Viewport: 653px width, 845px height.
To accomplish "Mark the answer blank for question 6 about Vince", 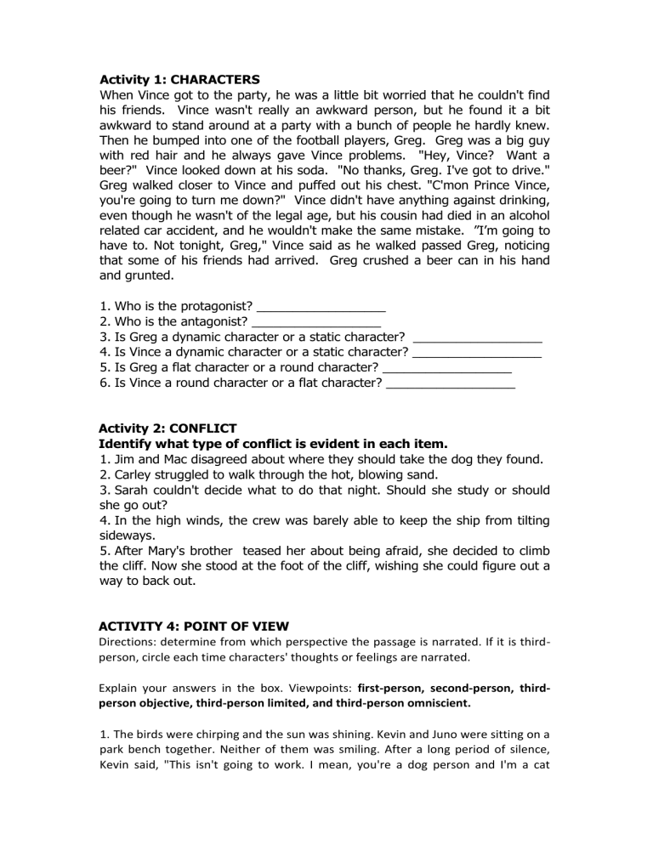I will point(451,394).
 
